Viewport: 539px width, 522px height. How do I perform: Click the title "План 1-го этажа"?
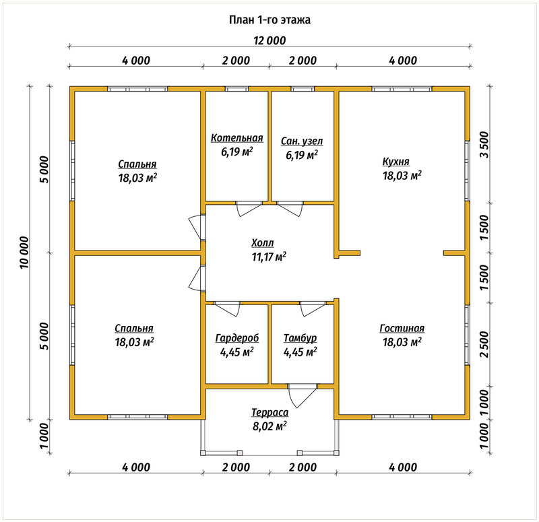pos(269,20)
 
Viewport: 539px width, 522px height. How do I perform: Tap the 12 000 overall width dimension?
pos(269,40)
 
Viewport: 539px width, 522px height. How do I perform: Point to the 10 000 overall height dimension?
pos(25,253)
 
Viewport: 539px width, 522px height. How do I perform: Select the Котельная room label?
pos(237,138)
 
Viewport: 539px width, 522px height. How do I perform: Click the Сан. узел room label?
pos(302,141)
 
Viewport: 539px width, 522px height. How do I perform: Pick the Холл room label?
pos(263,243)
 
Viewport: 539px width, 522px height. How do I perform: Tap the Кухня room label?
pos(395,162)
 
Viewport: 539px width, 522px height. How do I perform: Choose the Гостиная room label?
pos(402,329)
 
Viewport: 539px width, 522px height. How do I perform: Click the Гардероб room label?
pos(237,338)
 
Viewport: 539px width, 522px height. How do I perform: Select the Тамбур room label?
pos(300,338)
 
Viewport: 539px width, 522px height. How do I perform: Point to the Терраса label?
pos(270,412)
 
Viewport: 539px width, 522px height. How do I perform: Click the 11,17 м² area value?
pos(269,257)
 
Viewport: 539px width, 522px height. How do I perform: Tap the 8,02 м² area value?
pos(269,426)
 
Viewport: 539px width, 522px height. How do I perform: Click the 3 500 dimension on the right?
pos(484,144)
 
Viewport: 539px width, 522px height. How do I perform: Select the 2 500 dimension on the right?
pos(484,344)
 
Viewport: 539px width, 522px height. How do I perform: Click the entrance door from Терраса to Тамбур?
pos(302,395)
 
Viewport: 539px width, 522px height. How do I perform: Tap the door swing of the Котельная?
pos(249,209)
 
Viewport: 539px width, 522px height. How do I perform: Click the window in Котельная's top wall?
pos(237,89)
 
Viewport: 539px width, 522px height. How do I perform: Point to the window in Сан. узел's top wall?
pos(303,89)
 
